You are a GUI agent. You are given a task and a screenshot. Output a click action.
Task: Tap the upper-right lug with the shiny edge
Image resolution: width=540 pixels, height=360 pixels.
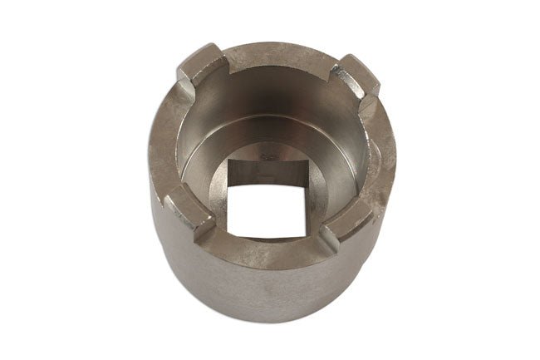(355, 73)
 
